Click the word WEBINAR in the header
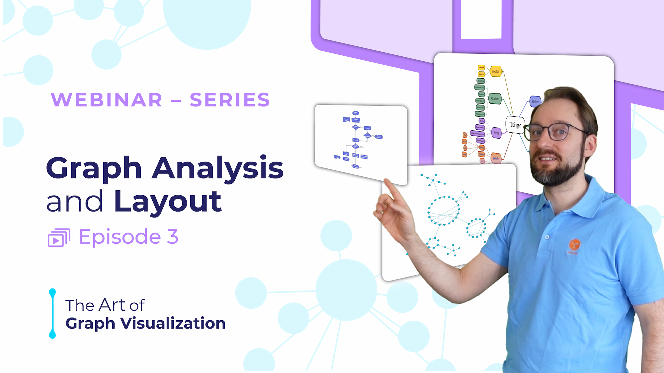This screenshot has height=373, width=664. tap(107, 100)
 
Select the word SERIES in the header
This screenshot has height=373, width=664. tap(230, 100)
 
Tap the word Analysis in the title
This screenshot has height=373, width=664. tap(218, 168)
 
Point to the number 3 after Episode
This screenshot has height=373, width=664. tap(172, 237)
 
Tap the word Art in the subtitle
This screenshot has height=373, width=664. tap(113, 305)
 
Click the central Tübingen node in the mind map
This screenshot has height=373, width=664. tap(515, 125)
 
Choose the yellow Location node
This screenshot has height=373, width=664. tap(496, 71)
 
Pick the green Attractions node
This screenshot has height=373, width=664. tap(495, 98)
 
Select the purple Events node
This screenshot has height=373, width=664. tap(496, 133)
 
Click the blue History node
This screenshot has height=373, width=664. tap(535, 101)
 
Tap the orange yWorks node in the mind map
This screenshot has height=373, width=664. tap(496, 158)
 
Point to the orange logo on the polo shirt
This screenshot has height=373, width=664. tap(574, 245)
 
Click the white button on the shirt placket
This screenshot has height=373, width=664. tap(547, 237)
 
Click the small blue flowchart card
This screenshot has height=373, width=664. tap(361, 143)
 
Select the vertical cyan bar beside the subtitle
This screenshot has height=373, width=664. tap(52, 313)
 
